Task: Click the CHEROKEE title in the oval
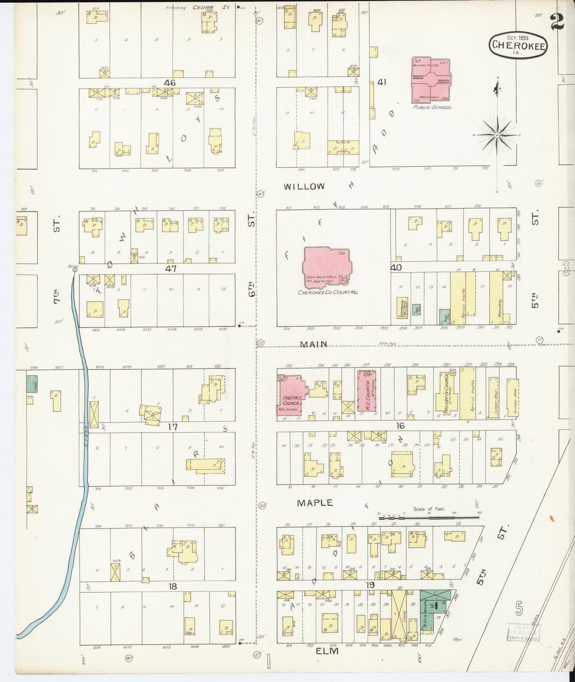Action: pos(518,45)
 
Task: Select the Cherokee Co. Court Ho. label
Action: pos(328,292)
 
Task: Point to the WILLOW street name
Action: pos(304,186)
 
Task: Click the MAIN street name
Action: pos(314,345)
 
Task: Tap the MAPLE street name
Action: pos(315,503)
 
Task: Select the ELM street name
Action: pos(327,651)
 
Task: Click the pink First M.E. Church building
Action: pos(292,396)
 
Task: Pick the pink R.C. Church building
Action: pos(367,391)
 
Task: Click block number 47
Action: pos(171,269)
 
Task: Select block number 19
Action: pos(370,585)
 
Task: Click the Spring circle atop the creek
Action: pos(74,270)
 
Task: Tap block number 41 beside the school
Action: pos(382,82)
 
